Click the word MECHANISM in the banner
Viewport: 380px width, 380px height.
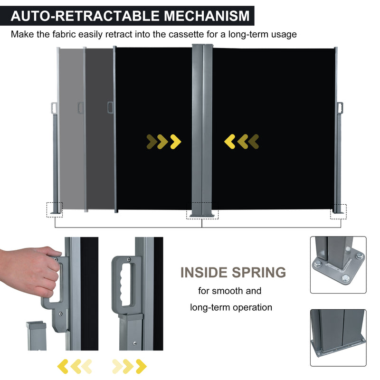tap(207, 16)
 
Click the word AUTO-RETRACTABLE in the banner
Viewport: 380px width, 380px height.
tap(85, 16)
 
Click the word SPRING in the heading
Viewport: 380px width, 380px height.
tap(259, 272)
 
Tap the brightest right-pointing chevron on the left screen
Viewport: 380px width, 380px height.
tap(176, 142)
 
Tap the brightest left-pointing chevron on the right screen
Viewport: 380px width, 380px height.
tap(230, 142)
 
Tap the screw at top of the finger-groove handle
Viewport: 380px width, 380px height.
tap(129, 259)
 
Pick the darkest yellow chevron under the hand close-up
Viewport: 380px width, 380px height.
tap(63, 366)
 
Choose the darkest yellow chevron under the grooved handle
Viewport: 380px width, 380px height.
tap(141, 366)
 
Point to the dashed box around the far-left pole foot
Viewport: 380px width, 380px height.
tap(55, 209)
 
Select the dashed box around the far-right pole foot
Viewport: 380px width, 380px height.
tap(338, 211)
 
